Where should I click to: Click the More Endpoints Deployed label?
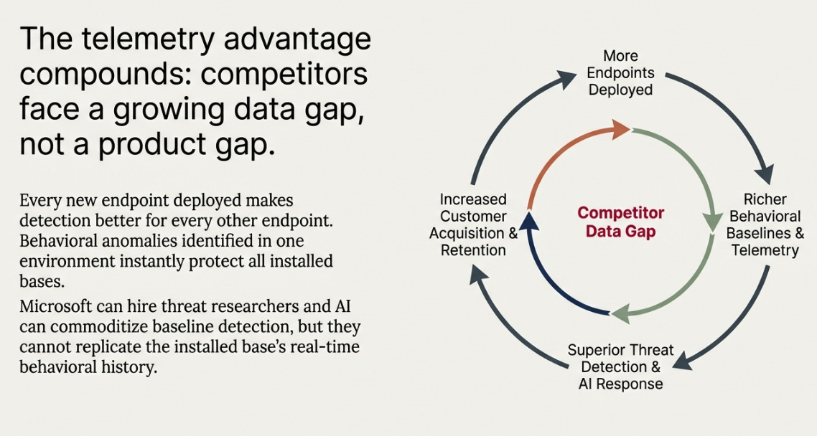620,72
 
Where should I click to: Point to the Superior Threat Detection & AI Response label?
620,366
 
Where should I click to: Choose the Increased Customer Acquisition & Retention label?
473,224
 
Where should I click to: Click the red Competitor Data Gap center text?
620,222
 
